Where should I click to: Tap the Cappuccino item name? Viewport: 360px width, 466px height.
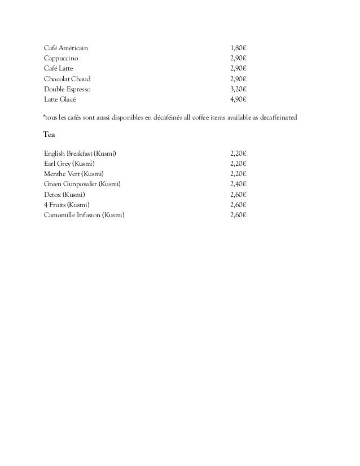pyautogui.click(x=62, y=58)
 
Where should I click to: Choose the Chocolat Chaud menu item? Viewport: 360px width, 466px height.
pyautogui.click(x=67, y=79)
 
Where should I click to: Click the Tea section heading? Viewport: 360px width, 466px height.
pyautogui.click(x=49, y=135)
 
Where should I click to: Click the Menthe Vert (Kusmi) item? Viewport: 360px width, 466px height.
pyautogui.click(x=74, y=173)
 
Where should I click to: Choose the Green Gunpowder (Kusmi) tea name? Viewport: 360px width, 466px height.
pyautogui.click(x=82, y=184)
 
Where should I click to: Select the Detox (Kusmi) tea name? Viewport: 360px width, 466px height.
pyautogui.click(x=65, y=194)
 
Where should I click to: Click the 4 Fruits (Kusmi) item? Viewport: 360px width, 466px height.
pyautogui.click(x=67, y=204)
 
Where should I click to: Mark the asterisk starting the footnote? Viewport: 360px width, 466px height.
pyautogui.click(x=45, y=116)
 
